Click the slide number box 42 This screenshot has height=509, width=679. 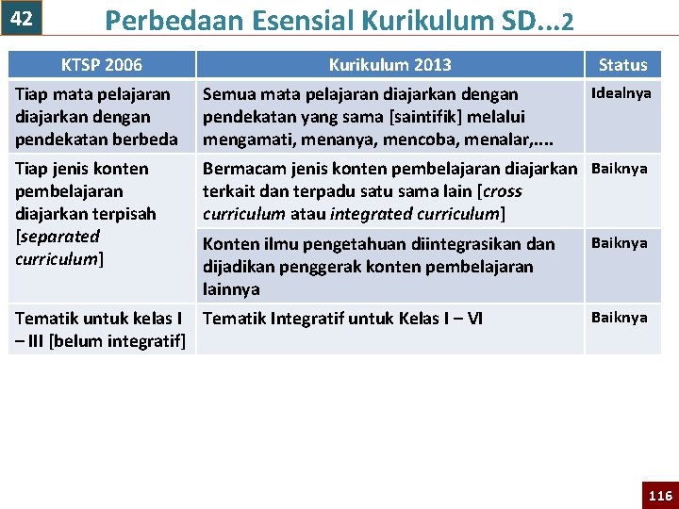point(22,18)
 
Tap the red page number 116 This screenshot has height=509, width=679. point(660,496)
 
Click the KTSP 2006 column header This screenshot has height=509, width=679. point(101,65)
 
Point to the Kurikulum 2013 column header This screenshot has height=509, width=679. point(389,65)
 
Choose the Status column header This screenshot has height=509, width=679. point(622,65)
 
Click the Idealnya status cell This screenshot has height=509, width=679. point(621,93)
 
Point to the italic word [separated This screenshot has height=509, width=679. point(58,237)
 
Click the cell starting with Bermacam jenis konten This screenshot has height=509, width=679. point(389,191)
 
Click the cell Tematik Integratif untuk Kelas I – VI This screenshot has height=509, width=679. point(343,319)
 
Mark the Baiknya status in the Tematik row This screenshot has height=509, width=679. point(619,318)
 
